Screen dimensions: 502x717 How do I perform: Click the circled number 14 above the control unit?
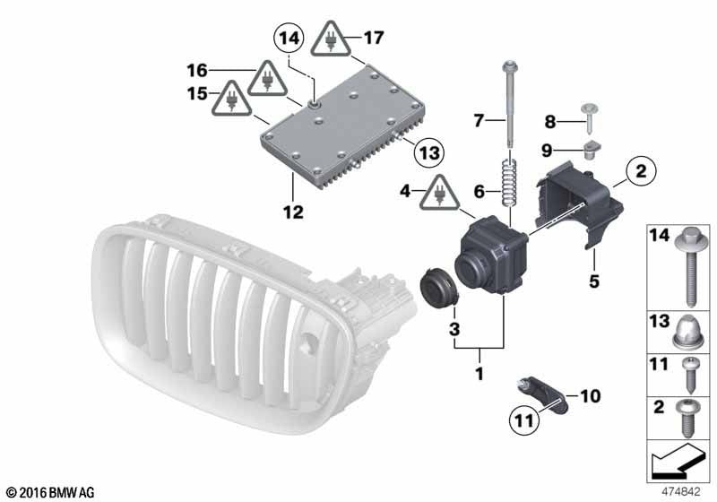pos(289,39)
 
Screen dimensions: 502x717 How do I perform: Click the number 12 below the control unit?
pos(293,212)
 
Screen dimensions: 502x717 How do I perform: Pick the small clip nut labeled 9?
pos(592,149)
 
